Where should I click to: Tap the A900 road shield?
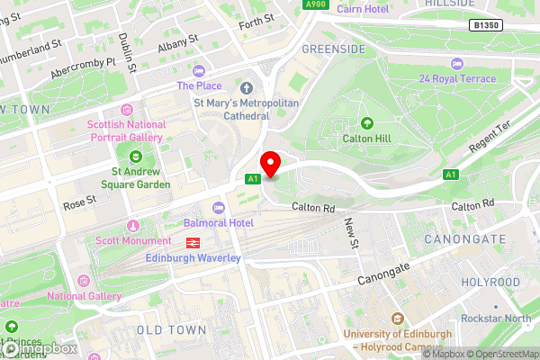[315, 4]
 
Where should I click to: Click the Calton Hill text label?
[366, 139]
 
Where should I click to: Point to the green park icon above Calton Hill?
[366, 123]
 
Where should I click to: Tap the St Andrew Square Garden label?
[140, 177]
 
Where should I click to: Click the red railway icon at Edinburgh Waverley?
[193, 242]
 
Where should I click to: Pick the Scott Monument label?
[133, 240]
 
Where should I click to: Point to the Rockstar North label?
[496, 319]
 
